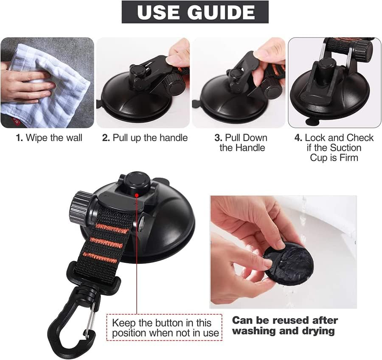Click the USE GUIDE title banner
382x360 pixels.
click(195, 12)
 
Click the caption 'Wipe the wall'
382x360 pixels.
click(53, 138)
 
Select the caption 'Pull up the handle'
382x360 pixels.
click(150, 138)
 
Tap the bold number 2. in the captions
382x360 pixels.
click(106, 138)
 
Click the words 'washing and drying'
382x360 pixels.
click(284, 331)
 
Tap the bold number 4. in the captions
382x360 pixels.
click(298, 138)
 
